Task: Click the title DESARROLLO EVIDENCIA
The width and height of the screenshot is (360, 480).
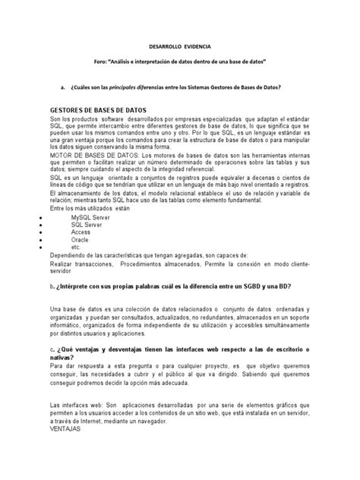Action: (x=179, y=47)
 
